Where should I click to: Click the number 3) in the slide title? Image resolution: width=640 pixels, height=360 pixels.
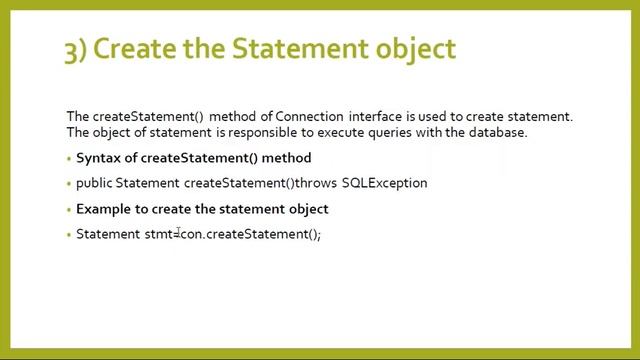(x=76, y=49)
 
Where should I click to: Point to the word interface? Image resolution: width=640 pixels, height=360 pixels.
(x=377, y=117)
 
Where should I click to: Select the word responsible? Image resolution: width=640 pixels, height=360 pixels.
(x=254, y=132)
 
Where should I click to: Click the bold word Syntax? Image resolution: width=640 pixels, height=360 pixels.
(x=99, y=158)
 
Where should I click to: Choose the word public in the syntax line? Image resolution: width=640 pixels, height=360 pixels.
(x=94, y=183)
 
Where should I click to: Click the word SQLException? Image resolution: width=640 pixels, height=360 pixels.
(x=384, y=183)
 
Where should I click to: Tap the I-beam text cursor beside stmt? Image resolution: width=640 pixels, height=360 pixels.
(x=178, y=233)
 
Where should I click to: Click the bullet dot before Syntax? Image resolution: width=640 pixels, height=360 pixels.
(x=70, y=158)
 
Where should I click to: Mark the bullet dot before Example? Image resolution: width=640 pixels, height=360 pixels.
(x=70, y=209)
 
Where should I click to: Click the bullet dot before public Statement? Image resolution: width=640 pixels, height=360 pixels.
(x=70, y=184)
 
